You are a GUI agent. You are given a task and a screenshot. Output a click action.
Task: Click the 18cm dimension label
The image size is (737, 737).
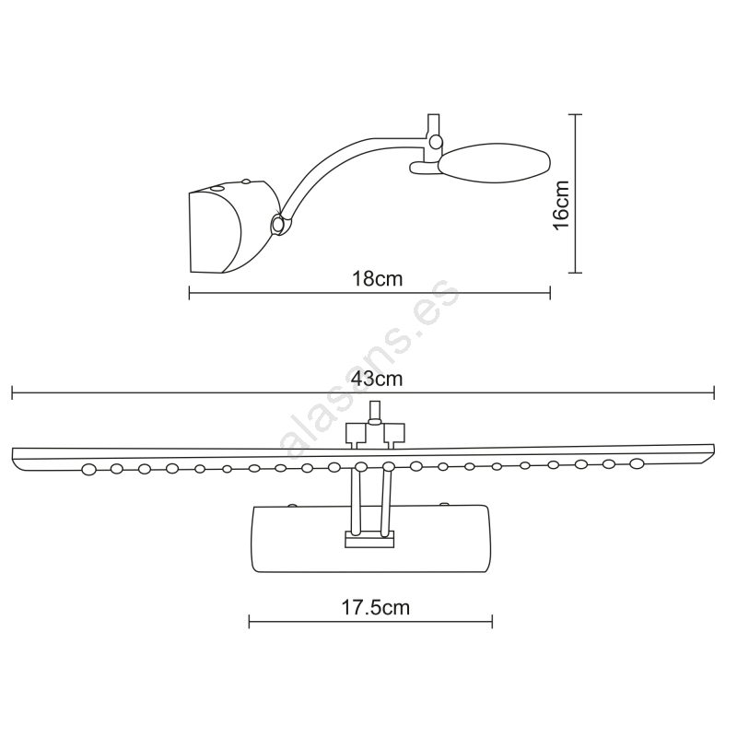(378, 279)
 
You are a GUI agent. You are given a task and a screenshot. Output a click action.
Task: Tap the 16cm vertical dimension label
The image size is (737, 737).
(561, 205)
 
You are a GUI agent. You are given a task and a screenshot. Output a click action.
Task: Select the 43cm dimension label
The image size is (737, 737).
(377, 379)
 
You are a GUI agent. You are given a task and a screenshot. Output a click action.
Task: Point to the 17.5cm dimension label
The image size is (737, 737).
(375, 607)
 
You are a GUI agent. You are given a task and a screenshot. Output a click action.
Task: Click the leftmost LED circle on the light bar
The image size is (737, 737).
(88, 469)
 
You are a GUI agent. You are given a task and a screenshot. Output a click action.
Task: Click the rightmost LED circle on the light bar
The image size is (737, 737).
(637, 463)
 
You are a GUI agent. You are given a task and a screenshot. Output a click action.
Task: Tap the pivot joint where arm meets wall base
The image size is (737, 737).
(278, 224)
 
